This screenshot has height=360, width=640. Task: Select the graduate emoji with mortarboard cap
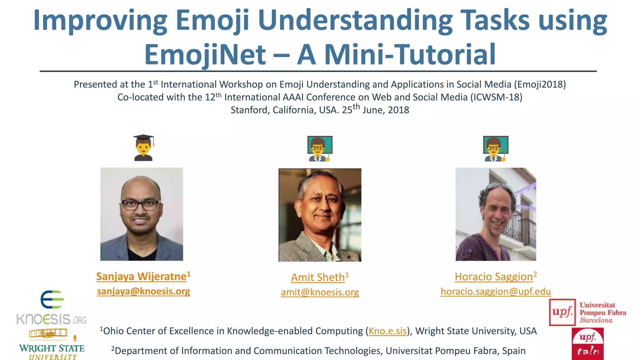point(143,147)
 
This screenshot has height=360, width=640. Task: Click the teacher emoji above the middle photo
point(320,148)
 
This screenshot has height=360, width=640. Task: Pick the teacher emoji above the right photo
point(496,148)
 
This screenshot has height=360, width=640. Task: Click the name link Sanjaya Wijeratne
point(141,277)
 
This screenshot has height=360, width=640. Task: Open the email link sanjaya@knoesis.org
point(143,291)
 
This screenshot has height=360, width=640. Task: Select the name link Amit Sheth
point(318,277)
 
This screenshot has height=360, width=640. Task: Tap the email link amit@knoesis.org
point(320,292)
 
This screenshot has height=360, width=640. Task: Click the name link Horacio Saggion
point(494,277)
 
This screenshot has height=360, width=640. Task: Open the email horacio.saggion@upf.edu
point(496,292)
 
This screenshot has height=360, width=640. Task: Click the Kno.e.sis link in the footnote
point(387,331)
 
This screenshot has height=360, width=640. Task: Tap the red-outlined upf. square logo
point(562,312)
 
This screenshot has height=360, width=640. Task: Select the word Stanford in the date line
point(249,110)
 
